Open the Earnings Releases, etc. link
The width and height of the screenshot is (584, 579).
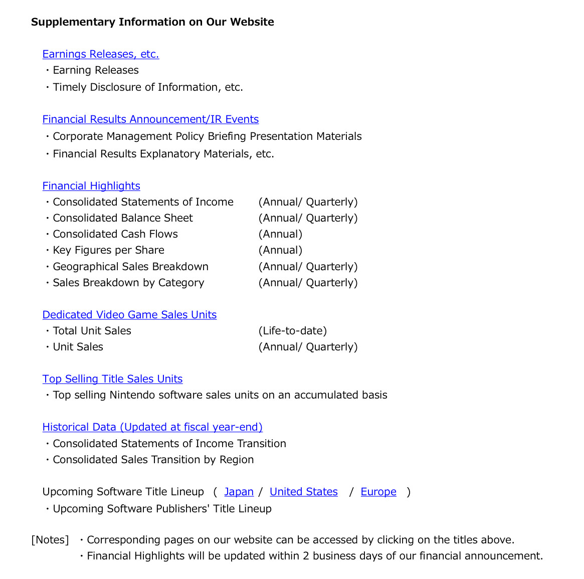pyautogui.click(x=100, y=54)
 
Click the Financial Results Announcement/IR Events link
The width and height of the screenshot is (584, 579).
pyautogui.click(x=150, y=119)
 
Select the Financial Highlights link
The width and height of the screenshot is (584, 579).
pyautogui.click(x=91, y=186)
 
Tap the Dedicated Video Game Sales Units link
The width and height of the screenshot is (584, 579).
pyautogui.click(x=129, y=315)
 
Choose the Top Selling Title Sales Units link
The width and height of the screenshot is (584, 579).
pyautogui.click(x=112, y=379)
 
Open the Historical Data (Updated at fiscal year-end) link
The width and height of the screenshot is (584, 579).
pyautogui.click(x=152, y=427)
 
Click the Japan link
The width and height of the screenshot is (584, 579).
pyautogui.click(x=239, y=492)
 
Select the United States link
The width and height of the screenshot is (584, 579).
pyautogui.click(x=303, y=492)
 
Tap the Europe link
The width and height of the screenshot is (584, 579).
pyautogui.click(x=378, y=492)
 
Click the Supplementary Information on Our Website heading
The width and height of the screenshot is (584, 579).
pyautogui.click(x=152, y=22)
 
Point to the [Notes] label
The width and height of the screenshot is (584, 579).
pyautogui.click(x=50, y=540)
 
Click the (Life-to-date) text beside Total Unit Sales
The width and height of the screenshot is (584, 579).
pyautogui.click(x=292, y=331)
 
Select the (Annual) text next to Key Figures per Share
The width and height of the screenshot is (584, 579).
pyautogui.click(x=280, y=250)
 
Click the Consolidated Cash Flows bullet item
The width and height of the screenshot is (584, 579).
pyautogui.click(x=115, y=234)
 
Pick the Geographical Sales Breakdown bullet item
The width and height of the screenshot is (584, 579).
pyautogui.click(x=130, y=267)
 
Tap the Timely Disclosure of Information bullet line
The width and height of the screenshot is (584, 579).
pyautogui.click(x=148, y=87)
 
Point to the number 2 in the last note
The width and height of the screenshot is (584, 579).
pyautogui.click(x=306, y=556)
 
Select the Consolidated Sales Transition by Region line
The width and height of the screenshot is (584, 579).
pyautogui.click(x=153, y=460)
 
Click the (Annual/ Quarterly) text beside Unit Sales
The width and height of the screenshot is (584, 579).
pyautogui.click(x=308, y=347)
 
